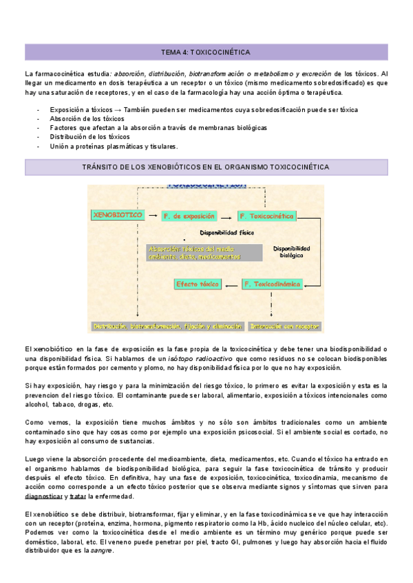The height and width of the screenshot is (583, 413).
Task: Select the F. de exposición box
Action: pos(189,216)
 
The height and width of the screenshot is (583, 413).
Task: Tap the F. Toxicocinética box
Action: pos(266,216)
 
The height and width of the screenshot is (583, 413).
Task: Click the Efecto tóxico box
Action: pos(196,283)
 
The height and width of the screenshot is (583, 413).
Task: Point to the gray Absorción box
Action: pos(204,252)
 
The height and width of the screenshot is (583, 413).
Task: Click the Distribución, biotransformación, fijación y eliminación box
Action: pos(168,326)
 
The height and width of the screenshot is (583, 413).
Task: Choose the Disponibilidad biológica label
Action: pos(291,252)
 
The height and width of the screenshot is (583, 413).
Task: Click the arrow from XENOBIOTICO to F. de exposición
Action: pos(152,216)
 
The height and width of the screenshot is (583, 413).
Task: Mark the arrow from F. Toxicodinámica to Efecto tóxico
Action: pos(231,283)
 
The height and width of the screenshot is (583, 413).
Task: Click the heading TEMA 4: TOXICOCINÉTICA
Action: pos(206,52)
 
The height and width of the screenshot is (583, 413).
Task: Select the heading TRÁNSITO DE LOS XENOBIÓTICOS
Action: pos(206,167)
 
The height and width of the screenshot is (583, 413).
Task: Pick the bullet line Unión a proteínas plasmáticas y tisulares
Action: pos(114,146)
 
